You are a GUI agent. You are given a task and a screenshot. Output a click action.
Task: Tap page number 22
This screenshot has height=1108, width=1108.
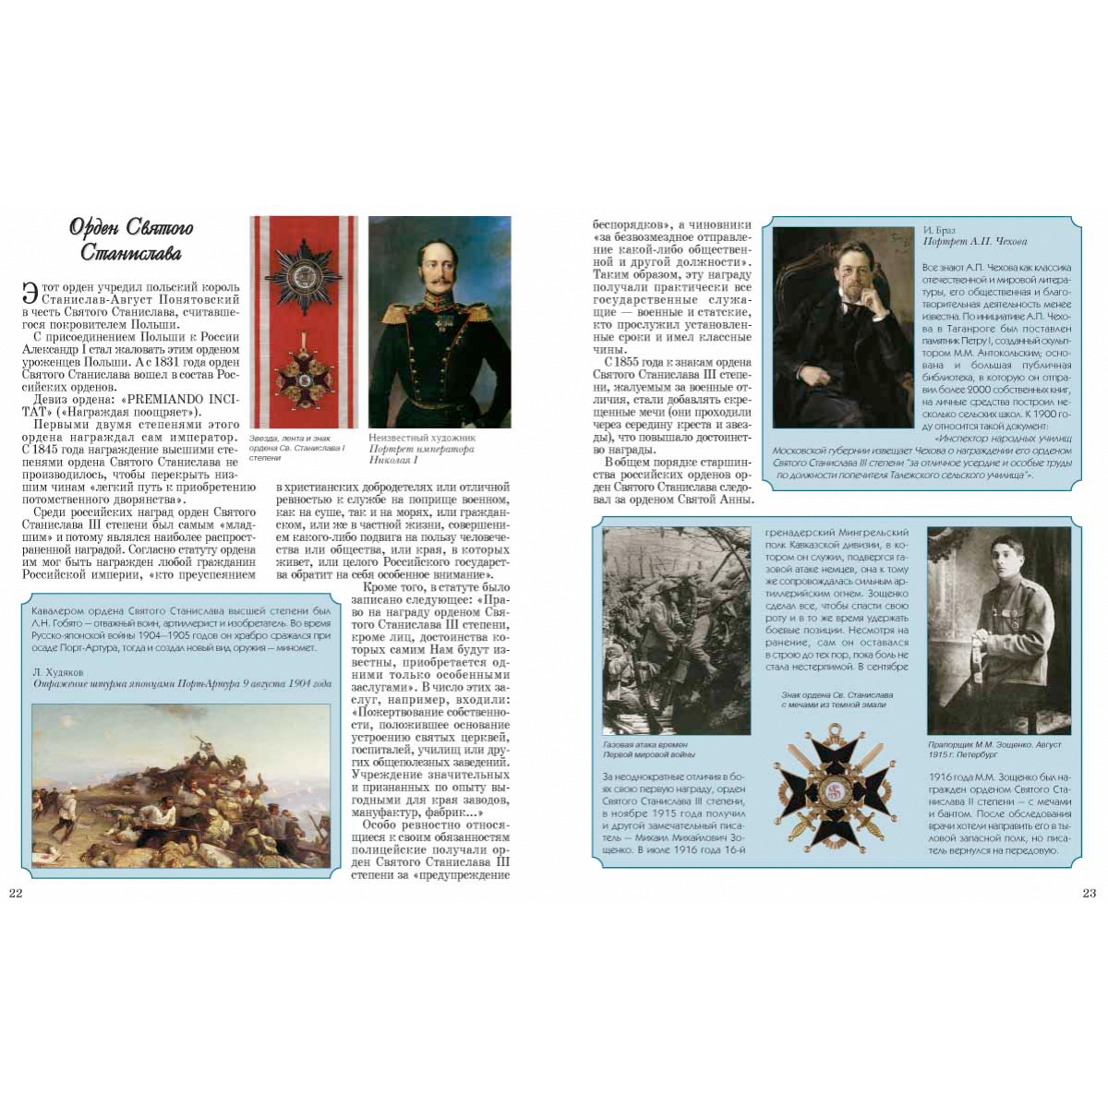pyautogui.click(x=15, y=893)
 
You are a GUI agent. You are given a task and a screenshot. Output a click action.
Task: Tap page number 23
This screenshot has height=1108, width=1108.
pyautogui.click(x=1090, y=893)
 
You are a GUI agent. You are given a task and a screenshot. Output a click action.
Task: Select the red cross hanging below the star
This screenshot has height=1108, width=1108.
pyautogui.click(x=303, y=378)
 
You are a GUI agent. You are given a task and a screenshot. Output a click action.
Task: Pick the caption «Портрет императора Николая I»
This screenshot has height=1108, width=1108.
pyautogui.click(x=421, y=454)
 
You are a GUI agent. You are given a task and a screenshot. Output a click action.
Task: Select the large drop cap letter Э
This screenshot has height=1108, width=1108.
pyautogui.click(x=30, y=293)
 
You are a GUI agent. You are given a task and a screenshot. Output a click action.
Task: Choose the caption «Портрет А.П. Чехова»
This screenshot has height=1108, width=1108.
pyautogui.click(x=974, y=242)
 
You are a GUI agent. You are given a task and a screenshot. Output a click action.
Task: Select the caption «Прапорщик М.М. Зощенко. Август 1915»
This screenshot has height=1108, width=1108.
pyautogui.click(x=994, y=749)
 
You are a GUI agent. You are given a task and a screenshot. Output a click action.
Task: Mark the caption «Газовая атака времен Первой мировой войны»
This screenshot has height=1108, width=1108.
pyautogui.click(x=645, y=749)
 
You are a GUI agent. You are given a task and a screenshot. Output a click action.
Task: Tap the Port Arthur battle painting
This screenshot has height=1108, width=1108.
pyautogui.click(x=181, y=786)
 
